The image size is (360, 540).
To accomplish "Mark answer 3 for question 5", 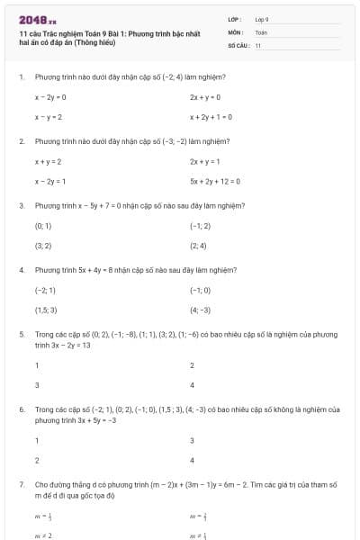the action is pyautogui.click(x=37, y=384).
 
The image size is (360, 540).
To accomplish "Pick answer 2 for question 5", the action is pyautogui.click(x=192, y=364).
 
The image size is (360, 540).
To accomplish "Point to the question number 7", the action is pyautogui.click(x=21, y=484).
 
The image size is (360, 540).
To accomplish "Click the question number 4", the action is pyautogui.click(x=21, y=269).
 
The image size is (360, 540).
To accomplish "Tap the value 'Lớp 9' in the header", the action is pyautogui.click(x=262, y=18).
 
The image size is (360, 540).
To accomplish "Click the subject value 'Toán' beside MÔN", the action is pyautogui.click(x=261, y=31).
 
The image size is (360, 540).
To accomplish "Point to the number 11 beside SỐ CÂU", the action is pyautogui.click(x=257, y=44).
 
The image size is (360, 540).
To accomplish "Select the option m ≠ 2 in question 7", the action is pyautogui.click(x=43, y=535).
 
